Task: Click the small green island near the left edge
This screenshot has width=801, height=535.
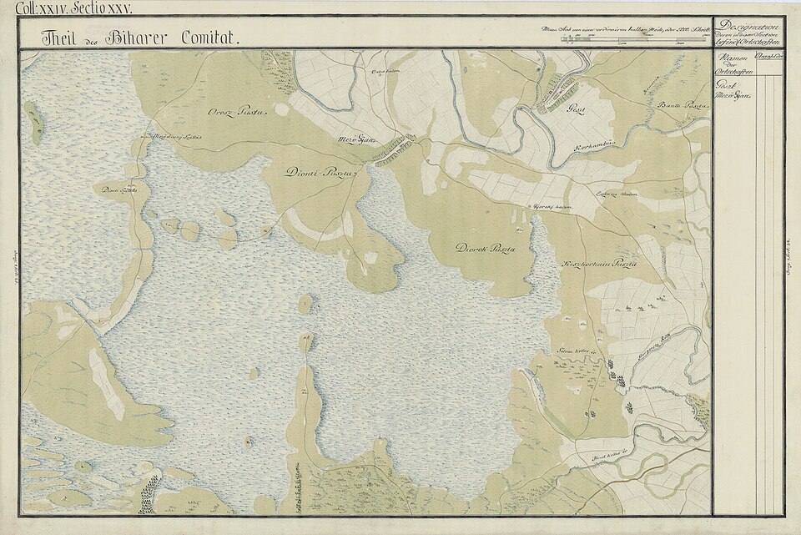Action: pyautogui.click(x=35, y=123)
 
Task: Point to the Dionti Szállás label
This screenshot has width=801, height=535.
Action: pyautogui.click(x=118, y=190)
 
